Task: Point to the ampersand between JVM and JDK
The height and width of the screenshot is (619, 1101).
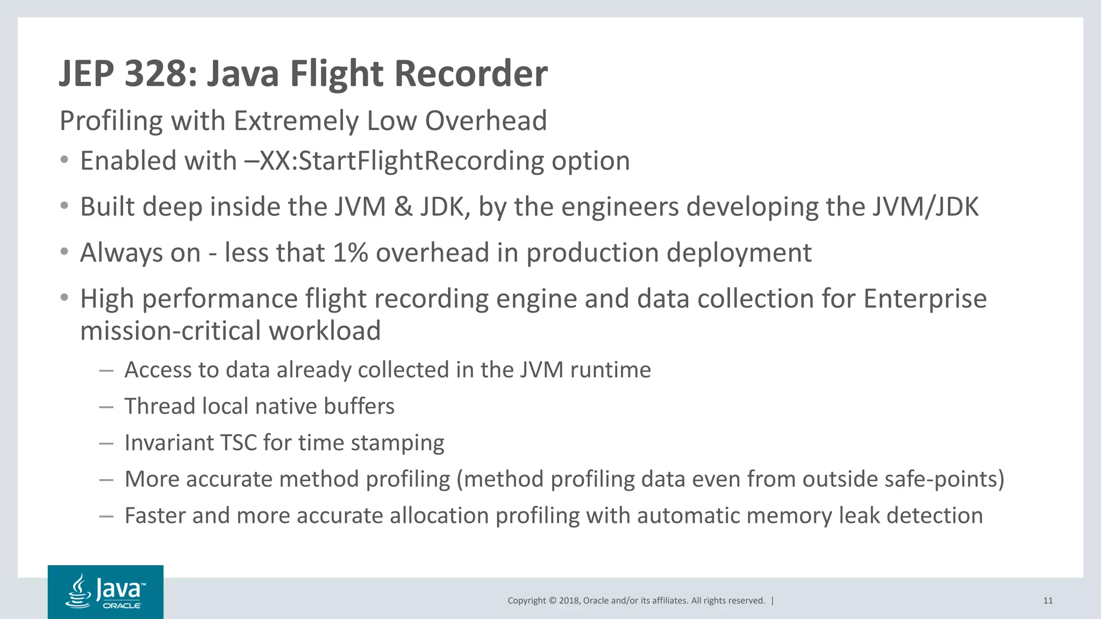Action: pos(403,207)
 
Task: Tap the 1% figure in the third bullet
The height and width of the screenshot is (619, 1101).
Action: pos(350,253)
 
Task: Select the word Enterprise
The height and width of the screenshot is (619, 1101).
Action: pos(925,299)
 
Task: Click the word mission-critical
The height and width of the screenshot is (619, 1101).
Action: pos(170,330)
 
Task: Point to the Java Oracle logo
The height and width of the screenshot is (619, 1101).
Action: pos(105,592)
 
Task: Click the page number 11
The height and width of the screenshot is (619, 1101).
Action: pos(1048,601)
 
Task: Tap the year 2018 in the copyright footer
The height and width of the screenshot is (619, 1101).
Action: pos(569,601)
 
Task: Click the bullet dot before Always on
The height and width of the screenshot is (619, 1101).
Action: pos(65,252)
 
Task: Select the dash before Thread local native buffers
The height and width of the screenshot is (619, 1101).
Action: pos(106,407)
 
